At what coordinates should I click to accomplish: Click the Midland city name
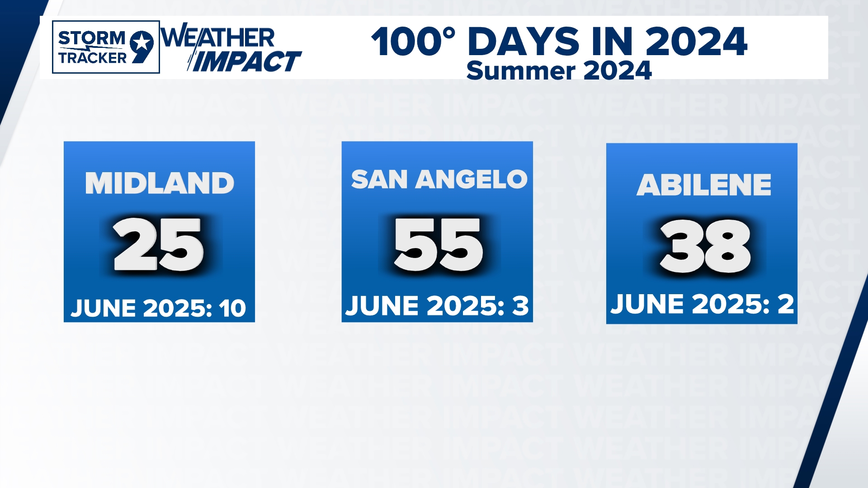click(x=160, y=183)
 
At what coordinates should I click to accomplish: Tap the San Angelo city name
click(x=439, y=179)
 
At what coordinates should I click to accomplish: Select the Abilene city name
click(x=704, y=185)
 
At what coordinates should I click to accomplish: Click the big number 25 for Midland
click(x=158, y=244)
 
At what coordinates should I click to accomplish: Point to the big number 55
click(x=439, y=245)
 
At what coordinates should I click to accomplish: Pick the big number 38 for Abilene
click(x=705, y=246)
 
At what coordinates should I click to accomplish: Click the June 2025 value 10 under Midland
click(x=232, y=309)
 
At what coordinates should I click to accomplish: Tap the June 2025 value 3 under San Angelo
click(x=520, y=306)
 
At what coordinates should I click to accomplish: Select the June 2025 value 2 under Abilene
click(x=786, y=304)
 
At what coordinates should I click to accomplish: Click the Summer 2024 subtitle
click(x=559, y=71)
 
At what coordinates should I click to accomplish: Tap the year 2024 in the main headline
click(x=696, y=42)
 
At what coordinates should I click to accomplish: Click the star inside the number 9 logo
click(x=142, y=43)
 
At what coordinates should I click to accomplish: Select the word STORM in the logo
click(x=92, y=38)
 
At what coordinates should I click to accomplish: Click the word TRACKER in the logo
click(x=93, y=58)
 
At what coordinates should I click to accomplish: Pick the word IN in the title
click(x=612, y=42)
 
